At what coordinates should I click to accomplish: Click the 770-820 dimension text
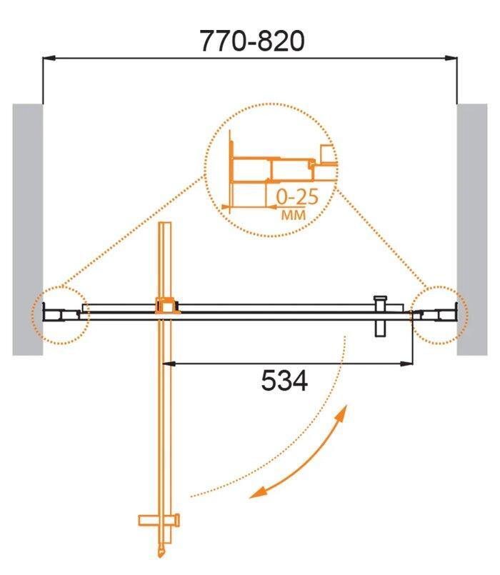[251, 41]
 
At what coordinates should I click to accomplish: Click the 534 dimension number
[284, 382]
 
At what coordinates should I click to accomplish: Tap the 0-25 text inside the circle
[292, 196]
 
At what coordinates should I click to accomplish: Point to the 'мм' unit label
[291, 214]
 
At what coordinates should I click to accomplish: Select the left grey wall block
[27, 229]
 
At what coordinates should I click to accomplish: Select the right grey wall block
[471, 229]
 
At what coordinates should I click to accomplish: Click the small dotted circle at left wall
[60, 314]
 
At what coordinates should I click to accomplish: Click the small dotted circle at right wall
[439, 314]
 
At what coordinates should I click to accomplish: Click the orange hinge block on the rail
[166, 306]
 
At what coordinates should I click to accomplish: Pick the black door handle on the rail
[381, 315]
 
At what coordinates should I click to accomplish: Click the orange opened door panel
[166, 414]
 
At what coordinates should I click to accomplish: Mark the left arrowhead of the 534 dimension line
[169, 364]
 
